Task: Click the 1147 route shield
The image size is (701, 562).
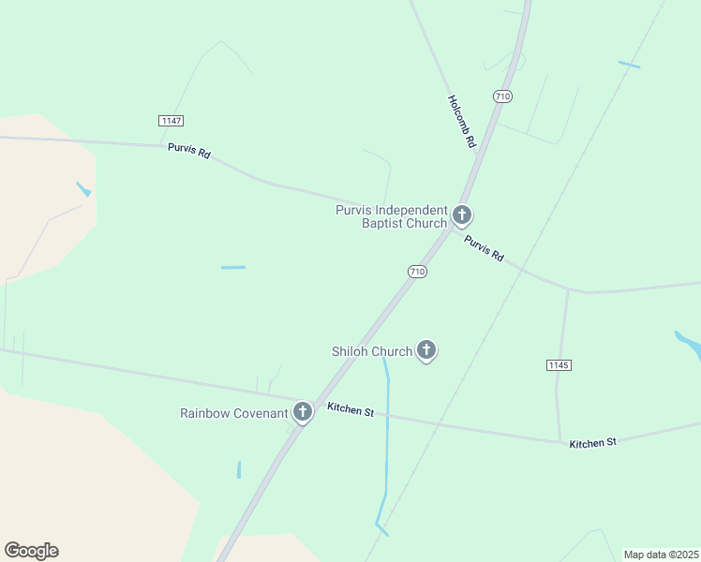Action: (171, 121)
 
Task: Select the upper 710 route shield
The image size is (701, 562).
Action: (502, 96)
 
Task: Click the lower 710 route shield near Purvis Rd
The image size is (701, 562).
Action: (417, 272)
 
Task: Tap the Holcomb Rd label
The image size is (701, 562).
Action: (462, 122)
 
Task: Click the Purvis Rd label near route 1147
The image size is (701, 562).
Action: (189, 150)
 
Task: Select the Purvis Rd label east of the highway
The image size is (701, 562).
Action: (485, 248)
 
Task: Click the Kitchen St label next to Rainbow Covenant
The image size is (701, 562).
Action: (350, 409)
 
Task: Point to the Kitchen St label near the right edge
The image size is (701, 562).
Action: (592, 442)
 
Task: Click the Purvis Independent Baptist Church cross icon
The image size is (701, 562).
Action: (461, 215)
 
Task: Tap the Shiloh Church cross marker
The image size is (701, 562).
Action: (426, 350)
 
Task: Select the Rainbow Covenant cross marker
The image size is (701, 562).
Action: (302, 411)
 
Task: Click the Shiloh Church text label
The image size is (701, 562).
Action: (372, 352)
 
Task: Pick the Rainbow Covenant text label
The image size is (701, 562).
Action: (233, 413)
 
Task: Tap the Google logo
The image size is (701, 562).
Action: (31, 551)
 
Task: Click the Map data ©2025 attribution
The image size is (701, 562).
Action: (661, 555)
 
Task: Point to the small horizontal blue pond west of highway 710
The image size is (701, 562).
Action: (233, 268)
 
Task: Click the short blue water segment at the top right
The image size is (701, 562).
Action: (629, 65)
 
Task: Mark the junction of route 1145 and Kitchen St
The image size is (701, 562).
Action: (559, 440)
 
